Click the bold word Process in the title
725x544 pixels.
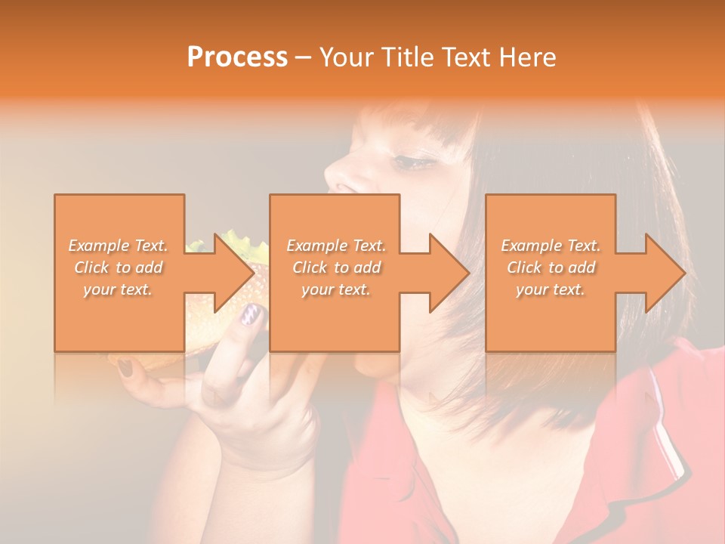[x=237, y=57]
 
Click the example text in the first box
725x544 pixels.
[x=118, y=267]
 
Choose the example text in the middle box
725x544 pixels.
[x=335, y=267]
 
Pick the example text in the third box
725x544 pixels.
[x=551, y=267]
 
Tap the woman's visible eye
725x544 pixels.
[x=412, y=161]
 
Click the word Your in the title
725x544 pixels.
[x=344, y=57]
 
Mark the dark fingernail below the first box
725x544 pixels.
[x=125, y=368]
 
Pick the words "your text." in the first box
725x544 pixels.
[x=118, y=289]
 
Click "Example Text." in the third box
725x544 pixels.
[x=551, y=246]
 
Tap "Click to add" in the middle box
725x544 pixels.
[x=336, y=267]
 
